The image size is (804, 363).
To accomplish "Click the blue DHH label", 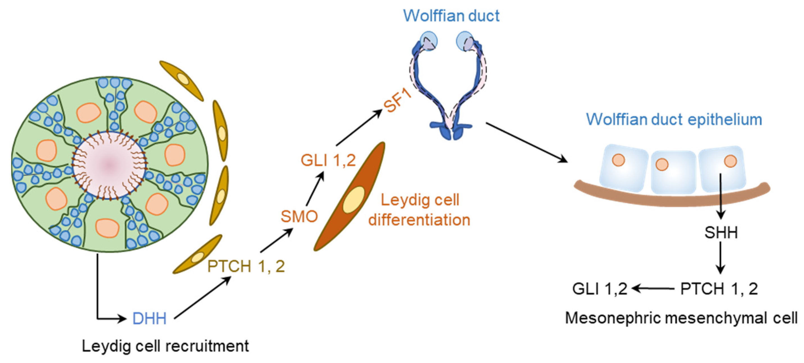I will pos(149,319).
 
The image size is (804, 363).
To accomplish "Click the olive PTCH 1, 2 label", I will pos(246,266).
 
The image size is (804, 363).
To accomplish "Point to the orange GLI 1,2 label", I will pos(328,161).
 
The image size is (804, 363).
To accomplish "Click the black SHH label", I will pos(721,233).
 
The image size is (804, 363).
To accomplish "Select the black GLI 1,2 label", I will pos(599,289).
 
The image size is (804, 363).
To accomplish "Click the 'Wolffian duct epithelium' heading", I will pos(674,119).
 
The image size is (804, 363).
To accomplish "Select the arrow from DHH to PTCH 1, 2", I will pos(202,298).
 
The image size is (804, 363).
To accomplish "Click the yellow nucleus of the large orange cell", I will pos(354,200).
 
